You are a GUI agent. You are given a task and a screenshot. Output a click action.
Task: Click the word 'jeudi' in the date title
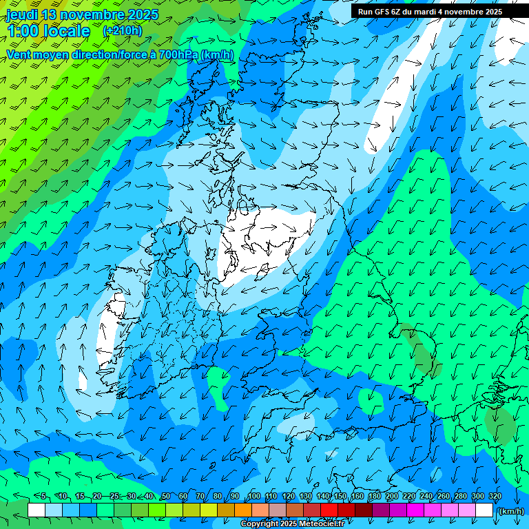click(x=21, y=14)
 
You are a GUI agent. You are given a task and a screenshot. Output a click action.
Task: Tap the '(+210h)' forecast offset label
click(x=123, y=30)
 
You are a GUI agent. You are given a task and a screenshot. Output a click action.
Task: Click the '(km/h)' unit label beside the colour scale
click(x=511, y=511)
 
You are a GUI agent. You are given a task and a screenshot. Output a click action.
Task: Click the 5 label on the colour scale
click(x=43, y=497)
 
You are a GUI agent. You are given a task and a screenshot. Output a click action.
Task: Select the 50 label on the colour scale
click(x=166, y=497)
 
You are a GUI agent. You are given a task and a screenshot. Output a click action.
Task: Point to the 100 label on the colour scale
click(x=254, y=497)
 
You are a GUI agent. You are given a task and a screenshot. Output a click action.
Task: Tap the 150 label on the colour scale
click(x=341, y=497)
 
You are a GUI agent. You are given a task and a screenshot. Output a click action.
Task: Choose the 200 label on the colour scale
click(x=393, y=497)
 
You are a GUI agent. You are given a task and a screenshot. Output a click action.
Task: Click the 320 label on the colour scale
click(x=495, y=497)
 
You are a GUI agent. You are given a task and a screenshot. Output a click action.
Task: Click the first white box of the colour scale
click(x=37, y=510)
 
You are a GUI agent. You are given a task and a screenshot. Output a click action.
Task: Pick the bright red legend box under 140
click(x=329, y=510)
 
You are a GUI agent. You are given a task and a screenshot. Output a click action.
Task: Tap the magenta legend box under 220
click(x=415, y=510)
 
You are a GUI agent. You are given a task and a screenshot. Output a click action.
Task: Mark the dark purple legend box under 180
click(x=381, y=510)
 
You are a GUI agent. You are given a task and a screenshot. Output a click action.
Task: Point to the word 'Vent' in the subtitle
click(x=19, y=54)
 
